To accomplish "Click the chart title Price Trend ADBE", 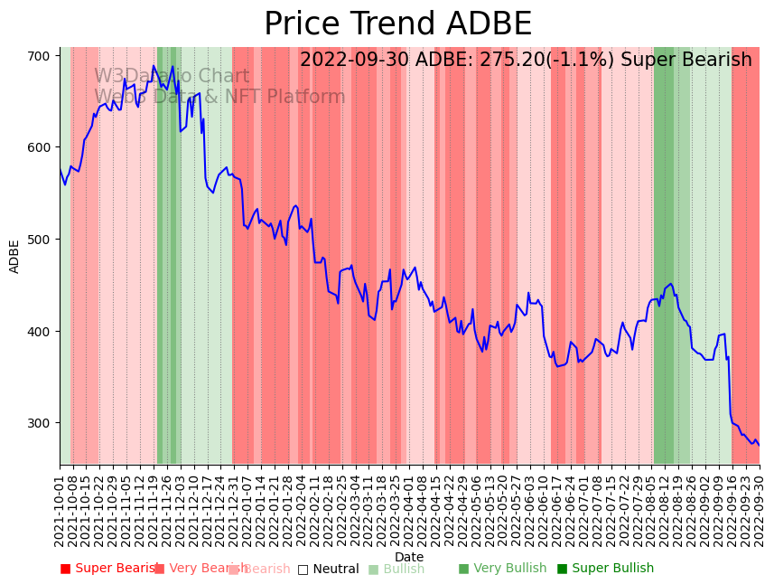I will point(397,24).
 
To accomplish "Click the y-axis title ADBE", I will point(14,256).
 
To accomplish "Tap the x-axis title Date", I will point(409,557).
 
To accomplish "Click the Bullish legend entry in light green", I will point(396,569).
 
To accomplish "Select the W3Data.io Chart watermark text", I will point(172,77).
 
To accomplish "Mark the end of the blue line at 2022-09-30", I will point(759,445).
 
